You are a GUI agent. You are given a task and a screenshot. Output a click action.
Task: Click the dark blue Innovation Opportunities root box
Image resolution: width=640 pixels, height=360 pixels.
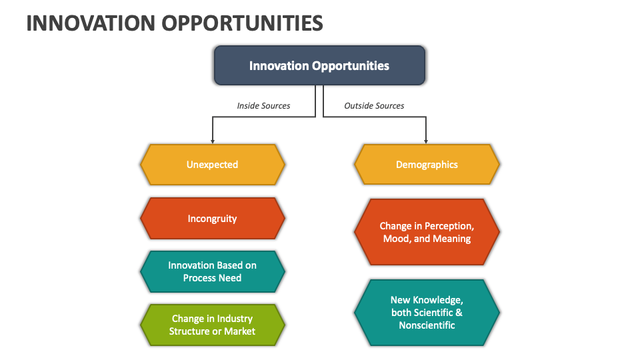pos(319,65)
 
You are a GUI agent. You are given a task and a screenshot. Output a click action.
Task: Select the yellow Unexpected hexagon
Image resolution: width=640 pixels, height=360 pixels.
pos(212,165)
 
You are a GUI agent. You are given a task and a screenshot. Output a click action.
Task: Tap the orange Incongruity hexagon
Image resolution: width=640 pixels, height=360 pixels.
pos(212,219)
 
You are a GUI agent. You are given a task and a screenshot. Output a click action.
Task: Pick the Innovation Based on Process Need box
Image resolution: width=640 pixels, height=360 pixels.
pos(212,271)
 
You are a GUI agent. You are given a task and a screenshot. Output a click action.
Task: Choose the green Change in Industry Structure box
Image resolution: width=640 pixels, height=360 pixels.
pos(212,325)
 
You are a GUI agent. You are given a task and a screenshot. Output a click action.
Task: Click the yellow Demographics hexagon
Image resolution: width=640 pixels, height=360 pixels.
pos(427,165)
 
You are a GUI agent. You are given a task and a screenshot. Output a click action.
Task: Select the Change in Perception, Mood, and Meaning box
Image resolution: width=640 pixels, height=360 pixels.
pos(427,232)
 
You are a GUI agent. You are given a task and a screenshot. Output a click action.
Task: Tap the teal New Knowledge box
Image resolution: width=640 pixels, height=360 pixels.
pos(427,312)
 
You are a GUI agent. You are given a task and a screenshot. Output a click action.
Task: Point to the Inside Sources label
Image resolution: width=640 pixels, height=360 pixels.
pos(263,105)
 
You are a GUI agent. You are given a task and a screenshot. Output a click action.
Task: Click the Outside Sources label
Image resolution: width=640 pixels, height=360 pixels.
pos(374,105)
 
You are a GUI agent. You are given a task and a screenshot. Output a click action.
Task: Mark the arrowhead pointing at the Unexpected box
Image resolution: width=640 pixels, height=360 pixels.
pos(213,141)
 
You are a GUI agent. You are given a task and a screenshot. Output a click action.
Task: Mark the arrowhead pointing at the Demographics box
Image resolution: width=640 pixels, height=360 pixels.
pos(426,141)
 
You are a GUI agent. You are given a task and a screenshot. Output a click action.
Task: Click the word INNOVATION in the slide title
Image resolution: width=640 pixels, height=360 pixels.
pos(91,23)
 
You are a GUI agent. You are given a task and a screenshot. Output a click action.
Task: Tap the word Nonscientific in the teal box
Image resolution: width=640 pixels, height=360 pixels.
pos(427,325)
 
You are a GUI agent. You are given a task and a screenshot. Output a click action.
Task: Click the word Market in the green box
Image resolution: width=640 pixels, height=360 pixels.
pos(239,331)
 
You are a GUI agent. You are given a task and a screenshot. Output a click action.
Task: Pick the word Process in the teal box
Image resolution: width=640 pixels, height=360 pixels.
pos(199,278)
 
